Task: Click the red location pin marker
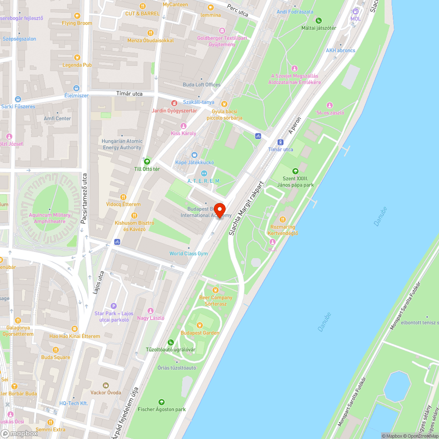(x=219, y=210)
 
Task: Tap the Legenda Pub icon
(x=77, y=57)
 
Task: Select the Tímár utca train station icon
(x=281, y=142)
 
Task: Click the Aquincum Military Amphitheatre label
(x=50, y=218)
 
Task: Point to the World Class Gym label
(x=189, y=254)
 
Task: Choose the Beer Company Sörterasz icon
(x=216, y=290)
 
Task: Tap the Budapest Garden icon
(x=200, y=325)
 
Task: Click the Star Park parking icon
(x=114, y=306)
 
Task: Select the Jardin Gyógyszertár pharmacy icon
(x=174, y=103)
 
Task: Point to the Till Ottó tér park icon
(x=147, y=161)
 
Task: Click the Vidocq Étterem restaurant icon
(x=123, y=197)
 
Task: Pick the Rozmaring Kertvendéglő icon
(x=283, y=219)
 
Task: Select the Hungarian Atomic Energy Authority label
(x=122, y=144)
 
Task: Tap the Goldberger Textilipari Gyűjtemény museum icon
(x=222, y=30)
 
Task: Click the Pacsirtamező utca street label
(x=84, y=198)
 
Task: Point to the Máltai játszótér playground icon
(x=319, y=20)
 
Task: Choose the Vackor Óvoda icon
(x=105, y=385)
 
